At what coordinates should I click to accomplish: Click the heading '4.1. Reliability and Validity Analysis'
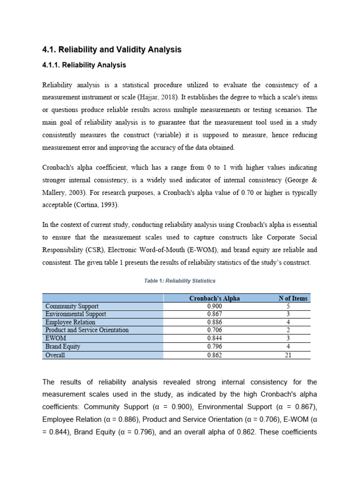pyautogui.click(x=112, y=49)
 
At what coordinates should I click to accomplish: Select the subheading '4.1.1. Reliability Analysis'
pyautogui.click(x=84, y=65)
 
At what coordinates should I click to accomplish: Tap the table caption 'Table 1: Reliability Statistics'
pyautogui.click(x=180, y=281)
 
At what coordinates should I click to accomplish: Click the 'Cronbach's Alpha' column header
pyautogui.click(x=214, y=298)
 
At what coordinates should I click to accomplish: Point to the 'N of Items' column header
pyautogui.click(x=293, y=298)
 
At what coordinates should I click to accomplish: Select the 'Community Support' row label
pyautogui.click(x=72, y=306)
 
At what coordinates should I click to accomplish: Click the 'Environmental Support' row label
pyautogui.click(x=75, y=314)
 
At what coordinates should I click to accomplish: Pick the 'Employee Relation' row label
pyautogui.click(x=70, y=322)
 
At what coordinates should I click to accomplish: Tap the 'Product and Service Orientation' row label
pyautogui.click(x=87, y=330)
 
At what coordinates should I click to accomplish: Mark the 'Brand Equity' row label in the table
pyautogui.click(x=63, y=346)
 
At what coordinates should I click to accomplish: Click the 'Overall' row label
pyautogui.click(x=55, y=355)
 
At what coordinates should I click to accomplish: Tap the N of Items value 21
pyautogui.click(x=288, y=355)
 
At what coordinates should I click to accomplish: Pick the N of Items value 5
pyautogui.click(x=288, y=306)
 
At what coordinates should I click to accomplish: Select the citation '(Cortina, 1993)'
pyautogui.click(x=101, y=205)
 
